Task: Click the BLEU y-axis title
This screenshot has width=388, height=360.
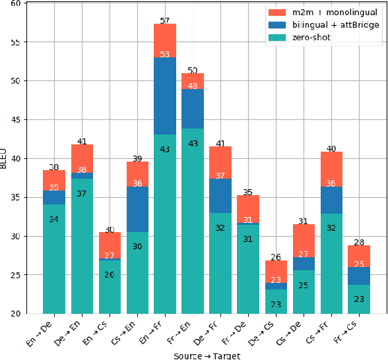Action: click(5, 158)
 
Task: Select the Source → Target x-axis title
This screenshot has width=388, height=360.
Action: click(207, 355)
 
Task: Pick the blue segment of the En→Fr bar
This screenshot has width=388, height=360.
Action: click(165, 96)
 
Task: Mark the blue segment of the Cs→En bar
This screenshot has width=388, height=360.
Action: click(137, 210)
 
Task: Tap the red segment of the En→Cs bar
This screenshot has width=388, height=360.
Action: click(110, 245)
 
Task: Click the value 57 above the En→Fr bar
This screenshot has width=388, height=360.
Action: click(165, 21)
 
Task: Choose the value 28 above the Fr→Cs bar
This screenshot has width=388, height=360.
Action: click(359, 243)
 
